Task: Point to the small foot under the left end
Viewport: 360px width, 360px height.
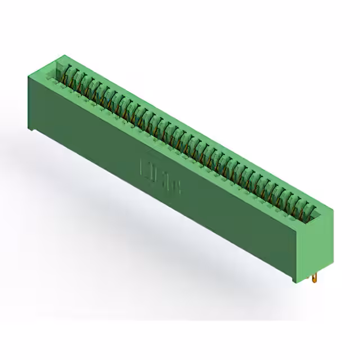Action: [x=33, y=131]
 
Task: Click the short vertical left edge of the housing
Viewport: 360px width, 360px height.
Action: [x=29, y=101]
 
